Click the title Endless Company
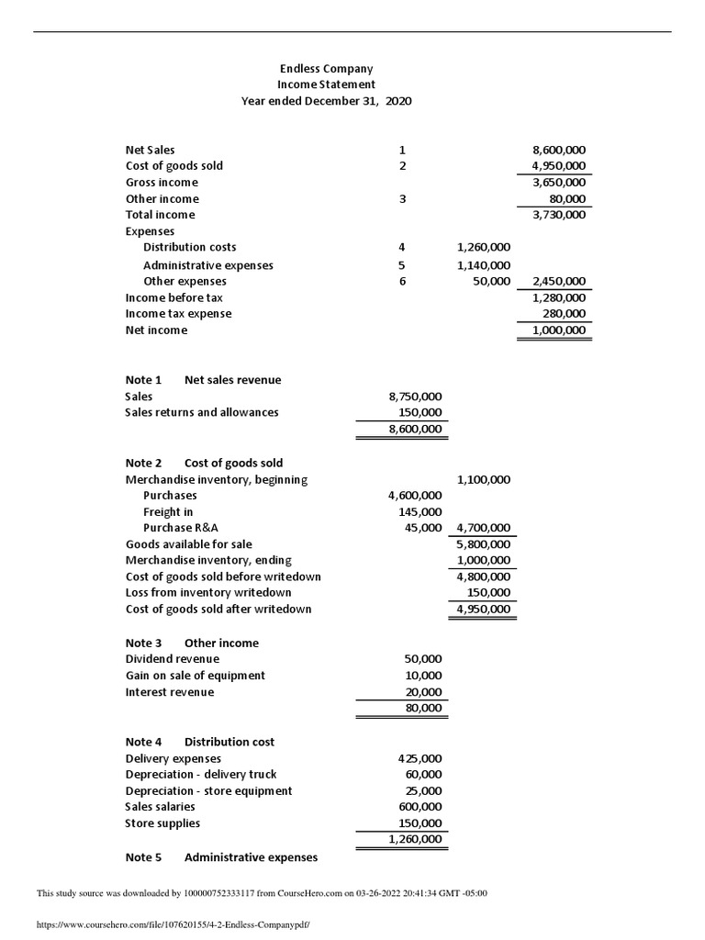(x=326, y=69)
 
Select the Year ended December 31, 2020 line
(x=326, y=101)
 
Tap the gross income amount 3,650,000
(x=559, y=183)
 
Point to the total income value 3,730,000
(x=559, y=215)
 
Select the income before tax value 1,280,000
(x=559, y=298)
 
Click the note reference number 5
(x=402, y=265)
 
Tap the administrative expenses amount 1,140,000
(x=484, y=265)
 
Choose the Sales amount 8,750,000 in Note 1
(x=416, y=397)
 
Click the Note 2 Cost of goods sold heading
(x=204, y=463)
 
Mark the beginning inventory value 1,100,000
(x=484, y=479)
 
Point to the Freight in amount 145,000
(x=421, y=511)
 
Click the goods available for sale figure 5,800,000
(x=484, y=544)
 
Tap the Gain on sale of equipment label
(x=195, y=676)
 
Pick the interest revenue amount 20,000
(x=424, y=692)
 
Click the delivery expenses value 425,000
(x=420, y=758)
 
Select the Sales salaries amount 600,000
(x=421, y=807)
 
